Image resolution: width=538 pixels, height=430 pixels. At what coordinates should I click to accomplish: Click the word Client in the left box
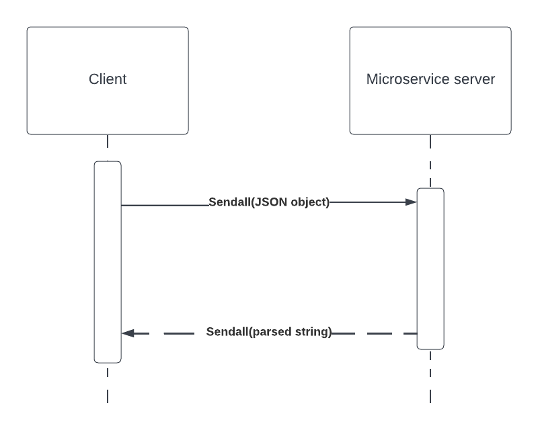click(x=108, y=79)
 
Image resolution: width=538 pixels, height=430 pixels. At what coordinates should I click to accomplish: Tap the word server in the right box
click(x=474, y=79)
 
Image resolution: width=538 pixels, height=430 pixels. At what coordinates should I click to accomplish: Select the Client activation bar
click(x=108, y=269)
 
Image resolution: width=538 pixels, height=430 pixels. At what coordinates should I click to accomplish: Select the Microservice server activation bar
click(x=430, y=269)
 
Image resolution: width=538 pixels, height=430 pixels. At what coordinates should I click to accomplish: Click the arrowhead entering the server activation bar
click(x=411, y=202)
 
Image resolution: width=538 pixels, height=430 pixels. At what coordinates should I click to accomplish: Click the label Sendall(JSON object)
click(x=269, y=202)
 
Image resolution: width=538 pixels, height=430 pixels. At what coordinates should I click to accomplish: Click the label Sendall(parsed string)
click(x=269, y=332)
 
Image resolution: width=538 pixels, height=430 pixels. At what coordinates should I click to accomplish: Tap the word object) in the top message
click(x=307, y=202)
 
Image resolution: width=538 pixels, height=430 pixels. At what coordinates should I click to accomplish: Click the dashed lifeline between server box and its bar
click(x=430, y=161)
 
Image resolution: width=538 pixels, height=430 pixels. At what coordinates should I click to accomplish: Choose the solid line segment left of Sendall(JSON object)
click(x=165, y=205)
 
